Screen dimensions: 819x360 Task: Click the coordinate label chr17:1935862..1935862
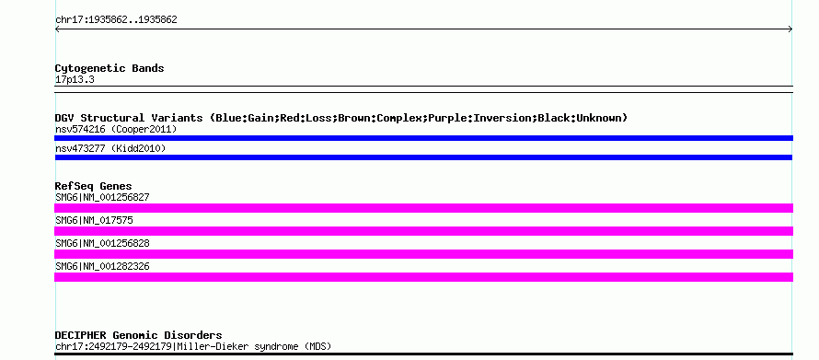[116, 20]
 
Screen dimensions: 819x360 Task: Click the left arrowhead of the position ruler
[56, 29]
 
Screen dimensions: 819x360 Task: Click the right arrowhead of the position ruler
[790, 29]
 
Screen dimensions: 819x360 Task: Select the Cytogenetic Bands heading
[110, 68]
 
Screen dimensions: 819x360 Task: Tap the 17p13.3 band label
[75, 80]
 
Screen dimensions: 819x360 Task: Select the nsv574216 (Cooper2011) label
[116, 129]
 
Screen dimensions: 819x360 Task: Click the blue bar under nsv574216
[423, 138]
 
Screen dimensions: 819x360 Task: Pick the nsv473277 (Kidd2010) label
[110, 149]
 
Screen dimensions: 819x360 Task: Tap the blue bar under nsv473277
[423, 157]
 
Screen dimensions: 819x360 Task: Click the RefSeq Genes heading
[93, 186]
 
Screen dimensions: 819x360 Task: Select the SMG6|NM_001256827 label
[102, 198]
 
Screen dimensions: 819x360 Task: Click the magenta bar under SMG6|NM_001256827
[423, 208]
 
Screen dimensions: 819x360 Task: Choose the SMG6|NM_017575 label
[94, 220]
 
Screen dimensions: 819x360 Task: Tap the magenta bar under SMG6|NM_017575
[423, 231]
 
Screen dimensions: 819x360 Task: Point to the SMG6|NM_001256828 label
[102, 243]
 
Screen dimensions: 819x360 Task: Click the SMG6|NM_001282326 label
[102, 266]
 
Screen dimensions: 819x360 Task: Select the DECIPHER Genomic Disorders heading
[138, 335]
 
